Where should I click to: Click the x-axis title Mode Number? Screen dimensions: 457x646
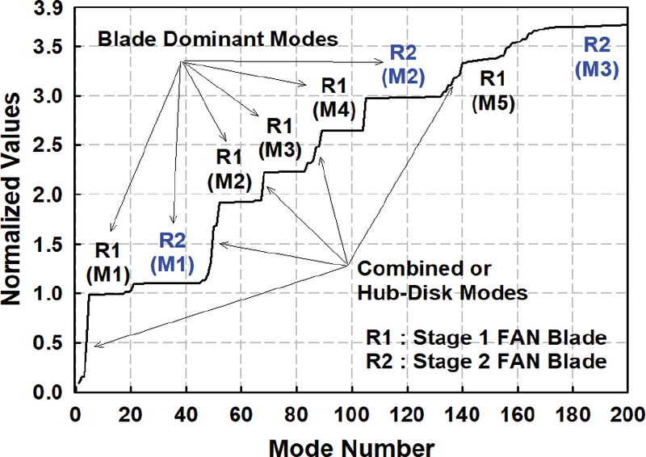point(352,445)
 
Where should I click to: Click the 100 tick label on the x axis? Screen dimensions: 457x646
point(351,409)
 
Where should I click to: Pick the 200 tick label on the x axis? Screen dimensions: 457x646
point(627,409)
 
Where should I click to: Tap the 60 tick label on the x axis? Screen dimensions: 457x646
point(241,409)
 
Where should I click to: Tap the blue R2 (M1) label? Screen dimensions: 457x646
point(173,250)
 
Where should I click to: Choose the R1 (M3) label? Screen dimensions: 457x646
point(279,136)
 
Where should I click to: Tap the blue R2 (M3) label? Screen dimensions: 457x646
point(597,57)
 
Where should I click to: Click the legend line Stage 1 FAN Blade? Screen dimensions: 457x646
point(485,338)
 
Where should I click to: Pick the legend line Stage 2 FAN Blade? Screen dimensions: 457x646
point(485,362)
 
